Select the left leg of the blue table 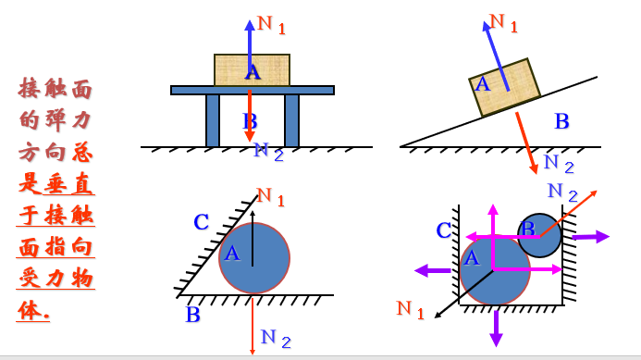click(213, 120)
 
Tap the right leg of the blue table click(292, 120)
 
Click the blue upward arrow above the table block click(250, 37)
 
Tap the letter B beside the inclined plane click(561, 121)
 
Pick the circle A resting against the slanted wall click(254, 257)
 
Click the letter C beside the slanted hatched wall click(202, 222)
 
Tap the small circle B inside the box click(539, 235)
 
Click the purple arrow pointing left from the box click(431, 270)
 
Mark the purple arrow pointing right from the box click(590, 237)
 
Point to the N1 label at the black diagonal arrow click(410, 309)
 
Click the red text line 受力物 click(56, 279)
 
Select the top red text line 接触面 click(56, 89)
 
